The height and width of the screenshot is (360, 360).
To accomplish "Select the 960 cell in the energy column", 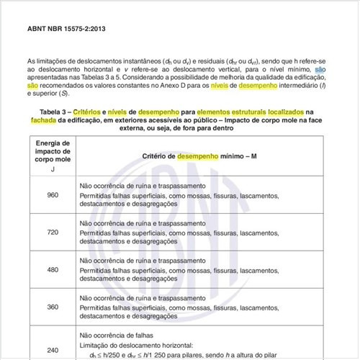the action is [x=53, y=194].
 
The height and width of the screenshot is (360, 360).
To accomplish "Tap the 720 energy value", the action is [x=53, y=233].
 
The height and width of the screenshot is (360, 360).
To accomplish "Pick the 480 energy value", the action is [x=53, y=270].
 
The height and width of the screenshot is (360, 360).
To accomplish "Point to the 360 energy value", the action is [x=53, y=307].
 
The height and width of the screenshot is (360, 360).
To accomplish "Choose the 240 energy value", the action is [x=53, y=350].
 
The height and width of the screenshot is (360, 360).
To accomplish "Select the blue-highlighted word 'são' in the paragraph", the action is [x=321, y=69].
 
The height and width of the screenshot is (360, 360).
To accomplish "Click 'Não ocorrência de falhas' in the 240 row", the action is [x=119, y=335].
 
